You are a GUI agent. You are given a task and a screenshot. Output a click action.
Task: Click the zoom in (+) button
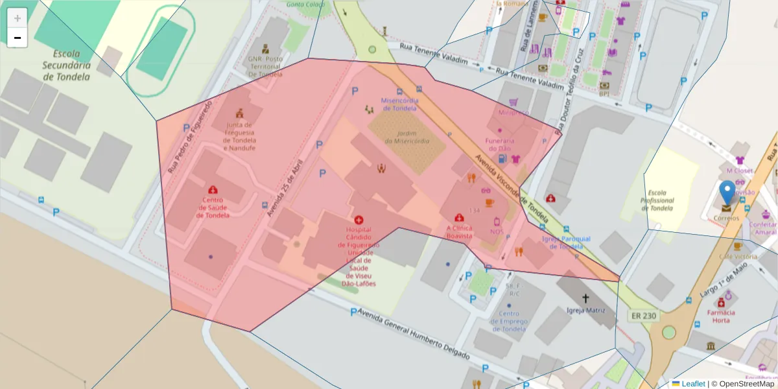(x=18, y=18)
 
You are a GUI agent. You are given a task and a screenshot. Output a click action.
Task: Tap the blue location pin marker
(x=727, y=193)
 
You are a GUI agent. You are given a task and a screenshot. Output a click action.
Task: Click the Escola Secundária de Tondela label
(x=66, y=65)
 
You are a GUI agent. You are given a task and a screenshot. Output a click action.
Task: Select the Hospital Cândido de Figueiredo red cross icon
(x=359, y=220)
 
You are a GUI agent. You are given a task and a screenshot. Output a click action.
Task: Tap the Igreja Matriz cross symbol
(x=586, y=298)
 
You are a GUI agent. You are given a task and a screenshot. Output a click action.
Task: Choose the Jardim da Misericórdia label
(x=407, y=136)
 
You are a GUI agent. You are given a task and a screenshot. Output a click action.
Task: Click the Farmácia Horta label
(x=720, y=316)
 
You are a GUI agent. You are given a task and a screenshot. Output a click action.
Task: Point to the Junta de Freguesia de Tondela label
(x=240, y=137)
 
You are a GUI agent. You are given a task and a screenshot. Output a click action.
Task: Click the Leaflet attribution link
(x=693, y=384)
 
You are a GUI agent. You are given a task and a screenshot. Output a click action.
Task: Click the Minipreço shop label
(x=513, y=112)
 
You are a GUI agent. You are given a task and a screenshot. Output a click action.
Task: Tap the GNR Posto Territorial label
(x=265, y=66)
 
